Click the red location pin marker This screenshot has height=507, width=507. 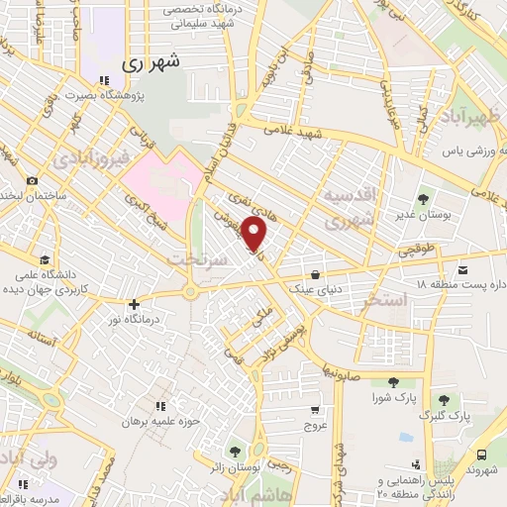(254, 235)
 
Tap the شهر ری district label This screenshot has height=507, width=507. (153, 62)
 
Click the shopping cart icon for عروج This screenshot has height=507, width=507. (315, 409)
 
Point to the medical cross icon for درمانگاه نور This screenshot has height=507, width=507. (135, 305)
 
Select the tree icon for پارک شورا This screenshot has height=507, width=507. (393, 382)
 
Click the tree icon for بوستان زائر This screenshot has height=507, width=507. (235, 451)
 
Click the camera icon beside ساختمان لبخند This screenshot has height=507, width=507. (32, 180)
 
